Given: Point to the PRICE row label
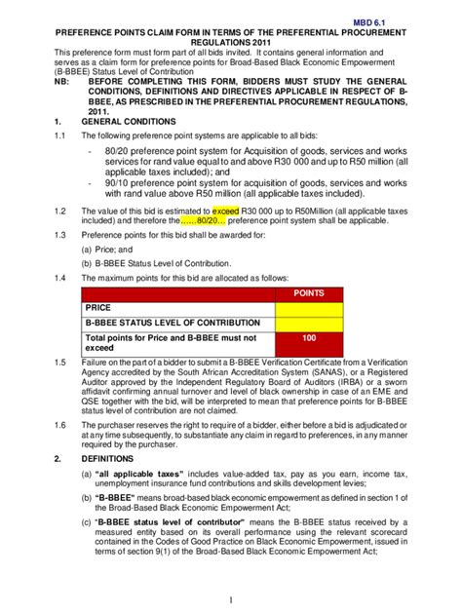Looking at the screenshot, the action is click(x=98, y=308).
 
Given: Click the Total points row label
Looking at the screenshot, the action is click(x=170, y=337).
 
